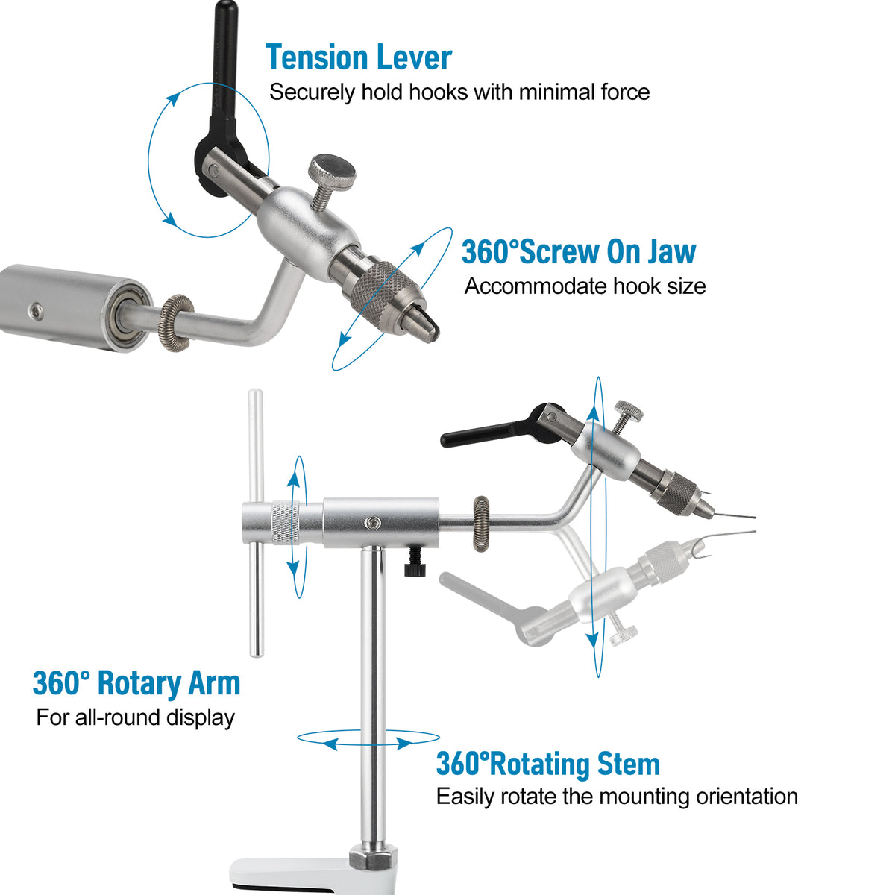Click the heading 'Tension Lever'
[359, 57]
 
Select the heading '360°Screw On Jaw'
[579, 251]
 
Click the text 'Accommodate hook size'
[585, 286]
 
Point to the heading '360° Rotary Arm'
[136, 684]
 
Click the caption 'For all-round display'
[136, 717]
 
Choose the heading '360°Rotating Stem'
[548, 764]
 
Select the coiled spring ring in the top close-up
[177, 323]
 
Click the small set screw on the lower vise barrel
[372, 523]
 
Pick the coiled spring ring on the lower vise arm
[481, 523]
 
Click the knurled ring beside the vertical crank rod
[286, 523]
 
